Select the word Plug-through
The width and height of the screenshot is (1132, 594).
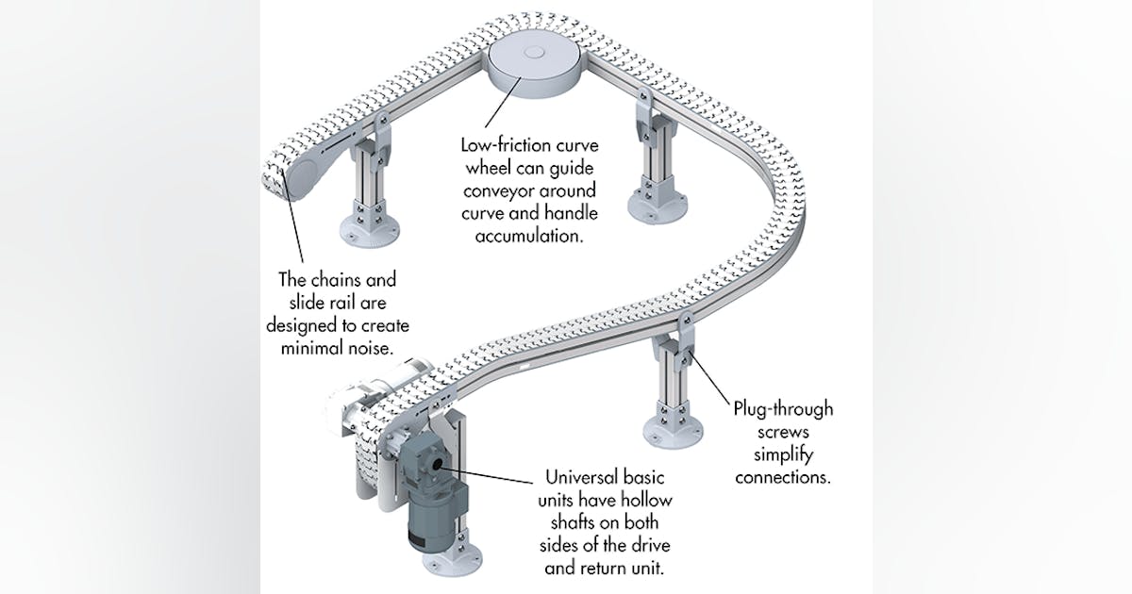tap(783, 410)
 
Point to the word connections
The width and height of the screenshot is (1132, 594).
tap(783, 477)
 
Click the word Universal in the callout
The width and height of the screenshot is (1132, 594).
tap(576, 477)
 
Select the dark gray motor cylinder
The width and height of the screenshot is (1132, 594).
tap(432, 523)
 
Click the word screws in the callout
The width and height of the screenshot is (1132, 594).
tap(783, 433)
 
